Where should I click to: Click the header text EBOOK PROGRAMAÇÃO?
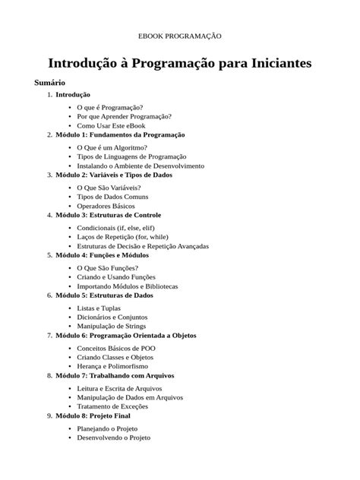click(179, 36)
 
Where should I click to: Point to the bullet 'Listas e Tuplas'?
click(99, 308)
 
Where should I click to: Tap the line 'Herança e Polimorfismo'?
click(112, 366)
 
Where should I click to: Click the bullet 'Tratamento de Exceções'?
click(112, 406)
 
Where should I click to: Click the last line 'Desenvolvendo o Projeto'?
click(113, 437)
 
